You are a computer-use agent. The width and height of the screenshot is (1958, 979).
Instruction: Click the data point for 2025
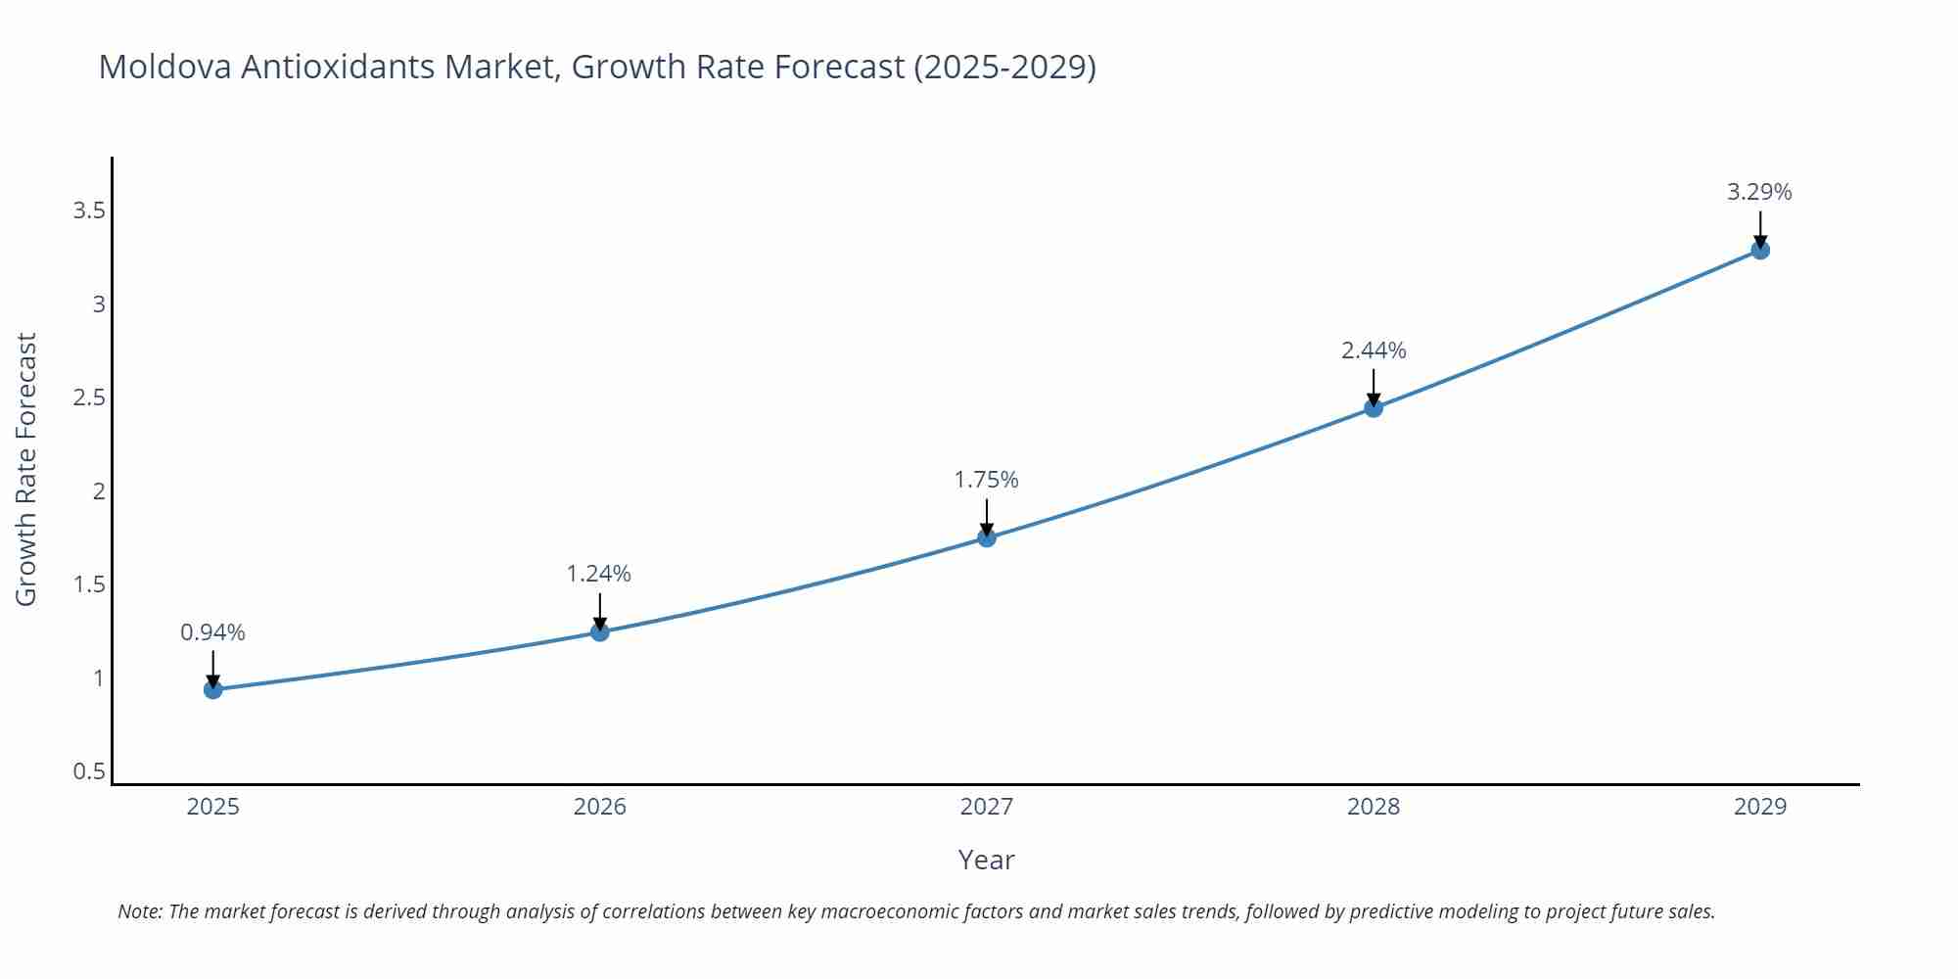coord(212,690)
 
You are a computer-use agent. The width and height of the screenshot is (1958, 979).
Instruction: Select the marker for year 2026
coord(600,632)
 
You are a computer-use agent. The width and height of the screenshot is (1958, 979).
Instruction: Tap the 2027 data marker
coord(987,537)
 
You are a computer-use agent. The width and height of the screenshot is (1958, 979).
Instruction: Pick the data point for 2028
coord(1374,408)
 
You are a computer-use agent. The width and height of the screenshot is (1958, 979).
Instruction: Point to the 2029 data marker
coord(1760,250)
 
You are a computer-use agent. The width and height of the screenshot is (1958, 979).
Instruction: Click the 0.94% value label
coord(212,632)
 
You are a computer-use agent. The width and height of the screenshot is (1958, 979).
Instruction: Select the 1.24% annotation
coord(599,574)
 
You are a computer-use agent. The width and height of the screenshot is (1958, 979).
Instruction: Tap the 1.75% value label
coord(987,480)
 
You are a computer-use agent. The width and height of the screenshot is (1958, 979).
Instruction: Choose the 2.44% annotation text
coord(1374,350)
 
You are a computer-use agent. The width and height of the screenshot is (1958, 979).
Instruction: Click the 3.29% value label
coord(1759,192)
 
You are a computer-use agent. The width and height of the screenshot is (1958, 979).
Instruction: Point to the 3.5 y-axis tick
coord(89,210)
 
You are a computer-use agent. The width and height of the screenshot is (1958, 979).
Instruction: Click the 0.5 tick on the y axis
coord(89,771)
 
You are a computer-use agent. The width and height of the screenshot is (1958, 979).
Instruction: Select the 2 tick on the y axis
coord(99,491)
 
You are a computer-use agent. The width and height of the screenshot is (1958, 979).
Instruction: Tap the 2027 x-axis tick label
coord(987,807)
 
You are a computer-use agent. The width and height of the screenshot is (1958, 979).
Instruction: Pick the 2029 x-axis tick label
coord(1760,807)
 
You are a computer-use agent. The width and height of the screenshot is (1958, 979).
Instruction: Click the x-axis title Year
coord(986,860)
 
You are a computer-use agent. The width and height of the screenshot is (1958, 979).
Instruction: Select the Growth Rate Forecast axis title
coord(26,469)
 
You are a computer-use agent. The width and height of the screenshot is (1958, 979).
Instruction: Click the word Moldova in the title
coord(165,67)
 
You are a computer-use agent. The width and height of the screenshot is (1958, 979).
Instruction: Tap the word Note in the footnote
coord(140,911)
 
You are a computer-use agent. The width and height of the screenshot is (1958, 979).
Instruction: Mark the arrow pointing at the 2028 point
coord(1374,387)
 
